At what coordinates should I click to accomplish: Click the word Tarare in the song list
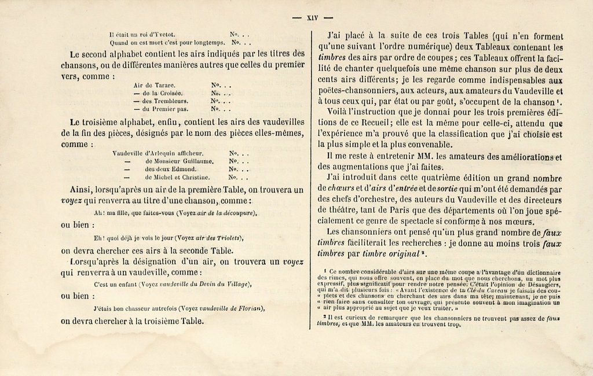tap(164, 85)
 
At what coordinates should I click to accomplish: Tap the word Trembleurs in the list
tap(172, 101)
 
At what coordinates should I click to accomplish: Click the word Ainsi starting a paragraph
tap(81, 189)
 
